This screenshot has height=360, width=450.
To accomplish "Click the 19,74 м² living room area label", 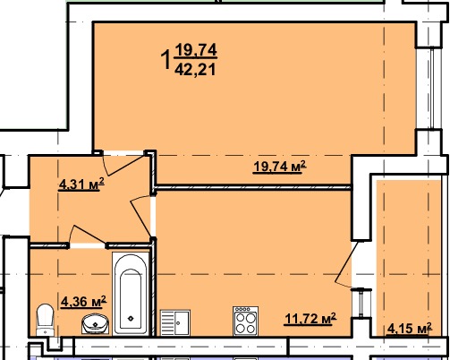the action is (280, 167).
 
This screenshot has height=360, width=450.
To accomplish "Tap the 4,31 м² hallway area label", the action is (81, 184).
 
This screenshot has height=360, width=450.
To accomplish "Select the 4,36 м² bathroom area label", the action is (83, 302).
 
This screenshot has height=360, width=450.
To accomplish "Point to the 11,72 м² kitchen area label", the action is (310, 319).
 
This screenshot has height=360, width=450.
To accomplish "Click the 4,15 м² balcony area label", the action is (410, 329).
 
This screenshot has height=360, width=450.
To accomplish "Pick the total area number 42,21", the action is (195, 70).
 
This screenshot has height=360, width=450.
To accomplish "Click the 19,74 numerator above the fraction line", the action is (196, 49).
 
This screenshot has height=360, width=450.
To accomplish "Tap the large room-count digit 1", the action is (166, 60).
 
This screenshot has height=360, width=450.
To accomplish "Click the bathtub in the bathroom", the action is (131, 294).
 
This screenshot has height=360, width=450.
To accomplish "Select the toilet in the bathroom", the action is (45, 320).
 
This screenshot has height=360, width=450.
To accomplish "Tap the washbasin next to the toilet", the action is (96, 324).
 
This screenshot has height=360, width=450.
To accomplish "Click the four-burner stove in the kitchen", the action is (246, 321).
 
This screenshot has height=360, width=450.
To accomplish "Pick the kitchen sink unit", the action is (175, 322).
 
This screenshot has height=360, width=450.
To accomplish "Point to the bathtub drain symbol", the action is (131, 319).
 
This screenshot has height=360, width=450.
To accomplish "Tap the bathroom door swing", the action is (87, 236).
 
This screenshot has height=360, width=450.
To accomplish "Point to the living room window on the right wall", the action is (432, 88).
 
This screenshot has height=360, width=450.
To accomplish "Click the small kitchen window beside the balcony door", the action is (361, 303).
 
